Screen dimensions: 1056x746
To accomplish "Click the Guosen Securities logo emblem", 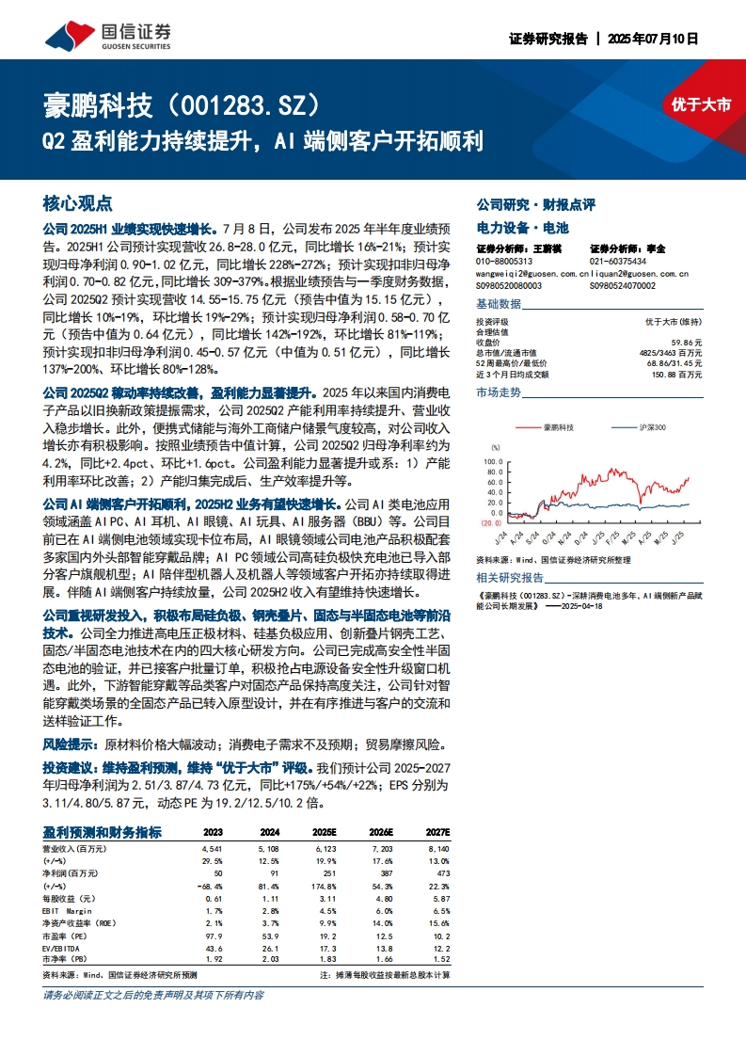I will pyautogui.click(x=64, y=34).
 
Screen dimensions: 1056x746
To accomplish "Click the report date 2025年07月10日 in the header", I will pyautogui.click(x=653, y=40).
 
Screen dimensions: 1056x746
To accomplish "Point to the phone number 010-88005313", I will pyautogui.click(x=504, y=262).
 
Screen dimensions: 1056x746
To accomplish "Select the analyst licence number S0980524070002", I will pyautogui.click(x=623, y=285).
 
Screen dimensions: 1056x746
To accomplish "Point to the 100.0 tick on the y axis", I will pyautogui.click(x=492, y=462).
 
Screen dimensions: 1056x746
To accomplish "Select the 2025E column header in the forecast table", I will pyautogui.click(x=324, y=832).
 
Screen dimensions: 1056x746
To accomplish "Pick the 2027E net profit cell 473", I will pyautogui.click(x=443, y=872).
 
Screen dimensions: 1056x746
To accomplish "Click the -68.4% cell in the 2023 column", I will pyautogui.click(x=210, y=884).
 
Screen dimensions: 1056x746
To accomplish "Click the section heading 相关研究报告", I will pyautogui.click(x=510, y=577).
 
